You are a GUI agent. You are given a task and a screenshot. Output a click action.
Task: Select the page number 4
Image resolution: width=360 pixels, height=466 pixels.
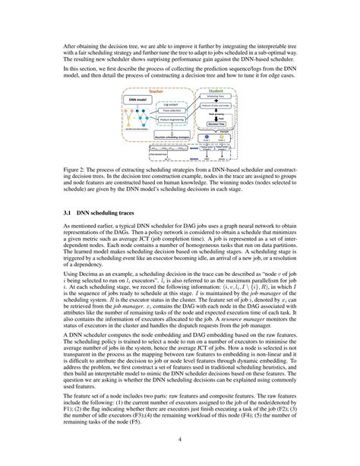[x=180, y=438]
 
